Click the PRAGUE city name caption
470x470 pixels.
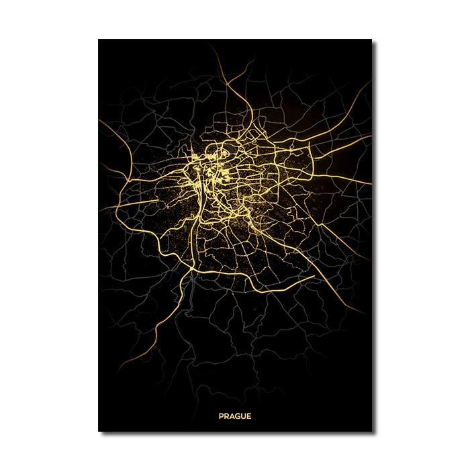[x=235, y=416]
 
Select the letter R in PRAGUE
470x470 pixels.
[x=227, y=416]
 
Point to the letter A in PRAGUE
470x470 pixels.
[x=232, y=416]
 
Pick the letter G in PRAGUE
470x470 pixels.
[x=238, y=416]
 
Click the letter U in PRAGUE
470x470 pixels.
[x=243, y=416]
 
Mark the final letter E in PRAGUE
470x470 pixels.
[x=248, y=416]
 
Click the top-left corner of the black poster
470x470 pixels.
[x=99, y=40]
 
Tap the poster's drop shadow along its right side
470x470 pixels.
[x=375, y=235]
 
